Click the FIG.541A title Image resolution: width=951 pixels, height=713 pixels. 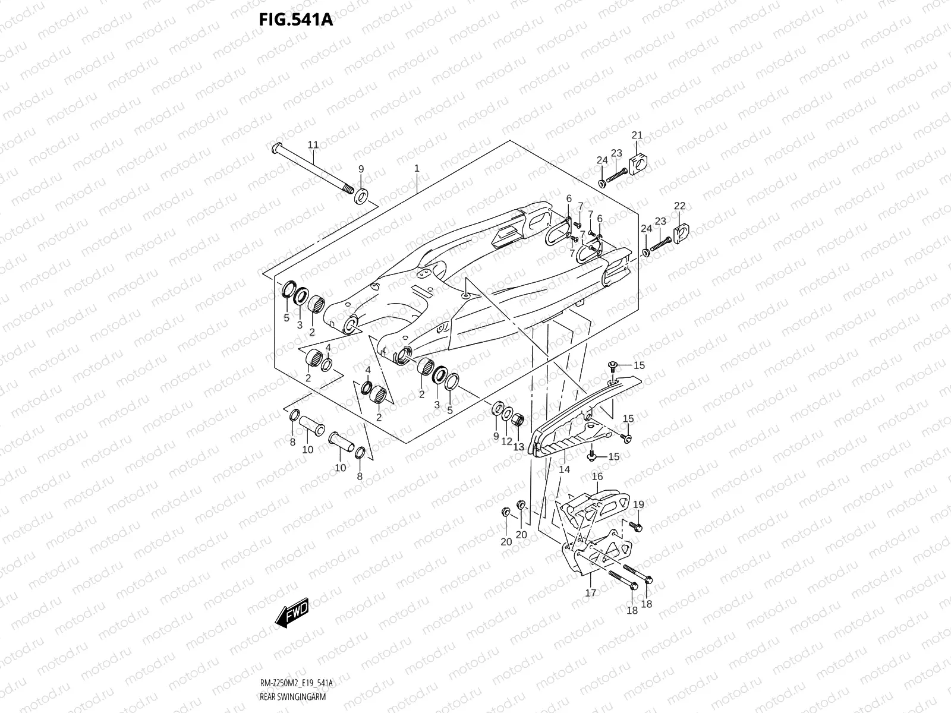(295, 20)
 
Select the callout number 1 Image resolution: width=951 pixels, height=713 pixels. (417, 169)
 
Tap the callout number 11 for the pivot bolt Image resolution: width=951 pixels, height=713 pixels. (313, 145)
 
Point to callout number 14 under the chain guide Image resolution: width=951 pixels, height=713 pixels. (565, 469)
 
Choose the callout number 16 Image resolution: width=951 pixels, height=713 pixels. (597, 477)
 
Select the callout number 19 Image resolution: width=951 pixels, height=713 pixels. (638, 505)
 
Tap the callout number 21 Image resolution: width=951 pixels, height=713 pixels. (637, 135)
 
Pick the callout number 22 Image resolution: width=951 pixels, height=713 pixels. (679, 206)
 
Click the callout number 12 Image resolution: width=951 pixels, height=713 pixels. (507, 441)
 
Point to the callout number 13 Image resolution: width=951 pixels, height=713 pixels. (519, 447)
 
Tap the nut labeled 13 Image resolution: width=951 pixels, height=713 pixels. (517, 421)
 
